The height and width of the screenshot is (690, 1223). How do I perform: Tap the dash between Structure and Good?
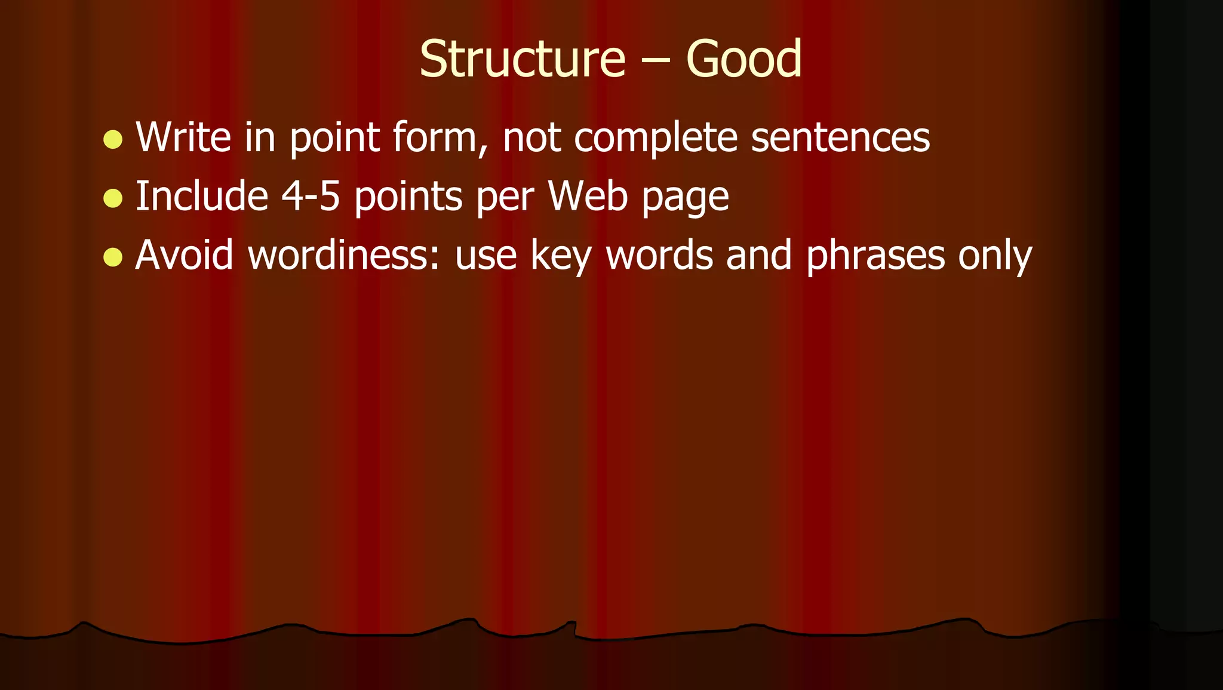[656, 62]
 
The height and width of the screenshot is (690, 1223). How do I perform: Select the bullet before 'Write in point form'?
[112, 140]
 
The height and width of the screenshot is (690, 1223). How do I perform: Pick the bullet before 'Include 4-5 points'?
[112, 198]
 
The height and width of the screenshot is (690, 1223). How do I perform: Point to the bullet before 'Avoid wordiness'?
[112, 257]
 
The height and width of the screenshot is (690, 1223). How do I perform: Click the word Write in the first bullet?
[183, 137]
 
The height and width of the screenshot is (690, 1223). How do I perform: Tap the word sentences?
[840, 137]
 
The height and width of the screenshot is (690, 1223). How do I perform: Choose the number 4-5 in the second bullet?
[311, 197]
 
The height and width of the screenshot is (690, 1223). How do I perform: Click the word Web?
[588, 197]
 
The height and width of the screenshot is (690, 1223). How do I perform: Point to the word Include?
[202, 197]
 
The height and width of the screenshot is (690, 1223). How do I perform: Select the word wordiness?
[343, 255]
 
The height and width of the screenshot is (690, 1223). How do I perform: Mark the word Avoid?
[184, 255]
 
